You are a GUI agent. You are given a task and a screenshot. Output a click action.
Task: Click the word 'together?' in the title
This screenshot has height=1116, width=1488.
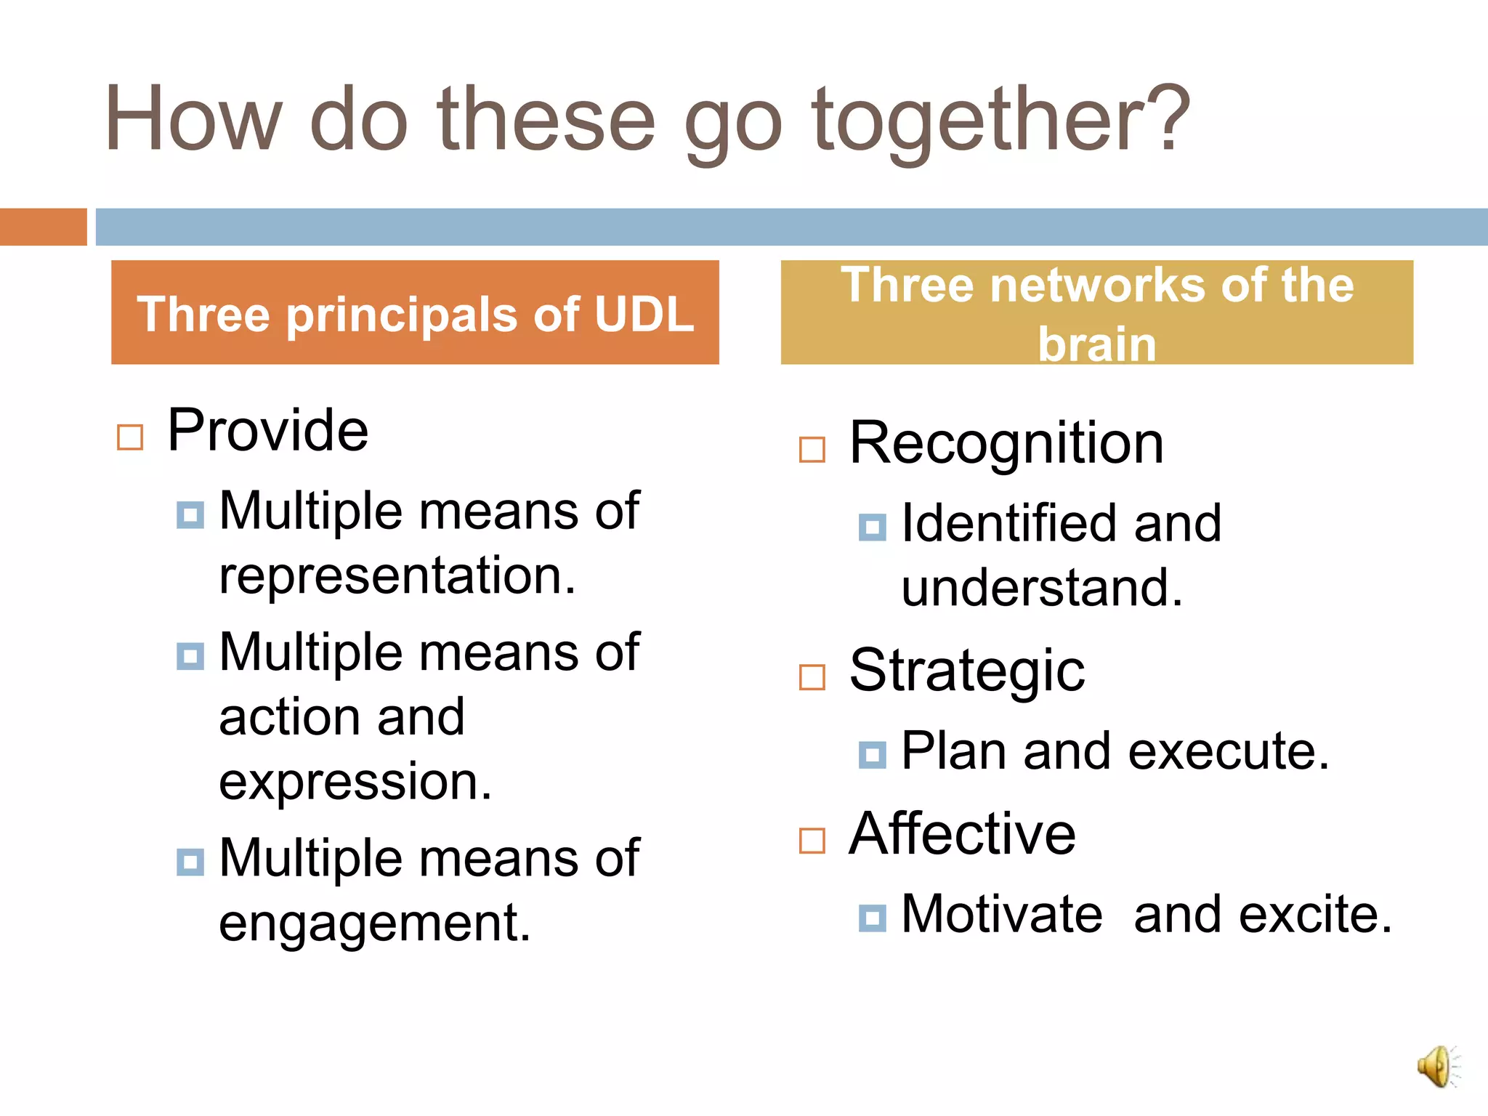click(x=1000, y=120)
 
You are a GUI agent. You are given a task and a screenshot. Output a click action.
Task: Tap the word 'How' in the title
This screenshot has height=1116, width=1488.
click(x=193, y=120)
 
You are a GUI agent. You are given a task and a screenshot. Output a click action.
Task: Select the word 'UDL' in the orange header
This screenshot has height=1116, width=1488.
click(x=644, y=315)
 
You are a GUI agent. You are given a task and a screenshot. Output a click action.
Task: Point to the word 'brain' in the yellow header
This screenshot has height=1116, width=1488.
click(x=1096, y=344)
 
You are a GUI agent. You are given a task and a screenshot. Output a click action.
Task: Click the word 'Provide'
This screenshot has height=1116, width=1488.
click(x=268, y=430)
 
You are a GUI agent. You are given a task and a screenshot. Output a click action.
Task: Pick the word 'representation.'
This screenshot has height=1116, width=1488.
click(x=397, y=575)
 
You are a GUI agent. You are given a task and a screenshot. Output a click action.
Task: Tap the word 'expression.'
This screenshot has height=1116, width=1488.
click(x=355, y=782)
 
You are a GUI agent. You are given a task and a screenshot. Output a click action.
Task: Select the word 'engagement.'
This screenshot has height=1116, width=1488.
click(x=375, y=923)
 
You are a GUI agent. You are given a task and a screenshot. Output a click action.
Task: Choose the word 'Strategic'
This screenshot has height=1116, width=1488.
click(x=967, y=670)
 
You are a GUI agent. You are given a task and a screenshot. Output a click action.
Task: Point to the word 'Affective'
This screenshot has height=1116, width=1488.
click(x=962, y=833)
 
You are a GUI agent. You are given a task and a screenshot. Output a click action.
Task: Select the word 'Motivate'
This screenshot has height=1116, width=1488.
click(x=1002, y=914)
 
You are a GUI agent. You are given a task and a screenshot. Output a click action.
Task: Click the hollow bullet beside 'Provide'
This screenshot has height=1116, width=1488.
click(x=130, y=437)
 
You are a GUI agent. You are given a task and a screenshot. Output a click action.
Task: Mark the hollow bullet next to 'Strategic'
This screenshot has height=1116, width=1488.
click(x=812, y=677)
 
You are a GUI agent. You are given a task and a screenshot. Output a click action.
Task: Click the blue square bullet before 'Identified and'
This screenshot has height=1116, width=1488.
click(x=872, y=527)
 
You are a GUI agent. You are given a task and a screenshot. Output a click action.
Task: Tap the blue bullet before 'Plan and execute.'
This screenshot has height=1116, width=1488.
click(x=872, y=755)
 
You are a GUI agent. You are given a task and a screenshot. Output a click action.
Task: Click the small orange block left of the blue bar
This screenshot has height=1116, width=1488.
click(x=43, y=227)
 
